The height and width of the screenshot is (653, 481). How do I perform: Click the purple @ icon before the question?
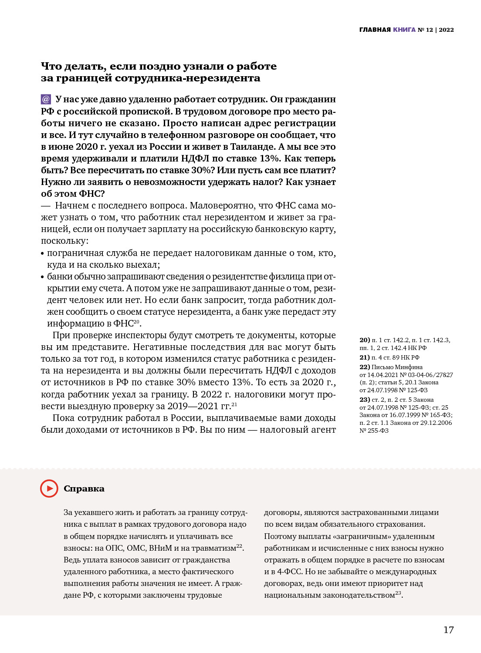pos(46,99)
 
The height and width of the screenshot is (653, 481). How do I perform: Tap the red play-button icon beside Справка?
pos(49,488)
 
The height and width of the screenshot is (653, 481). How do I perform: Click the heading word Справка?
pos(84,488)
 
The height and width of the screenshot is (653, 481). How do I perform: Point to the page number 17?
pos(448,630)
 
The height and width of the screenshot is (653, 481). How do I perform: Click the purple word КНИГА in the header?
pos(404,30)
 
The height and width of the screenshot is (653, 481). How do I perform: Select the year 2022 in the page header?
pos(447,30)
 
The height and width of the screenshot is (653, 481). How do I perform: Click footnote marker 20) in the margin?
pos(365,340)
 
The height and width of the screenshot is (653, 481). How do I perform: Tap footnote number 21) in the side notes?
pos(365,357)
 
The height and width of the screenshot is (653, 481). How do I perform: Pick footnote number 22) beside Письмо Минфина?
pos(365,367)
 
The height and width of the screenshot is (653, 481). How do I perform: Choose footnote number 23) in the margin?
pos(365,400)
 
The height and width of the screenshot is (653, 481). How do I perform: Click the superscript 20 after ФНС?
pos(136,322)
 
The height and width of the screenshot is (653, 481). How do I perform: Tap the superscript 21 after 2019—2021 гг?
pos(234,404)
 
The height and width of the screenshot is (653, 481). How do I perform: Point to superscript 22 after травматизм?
pos(239,546)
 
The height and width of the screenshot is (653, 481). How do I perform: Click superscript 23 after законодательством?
pos(398,593)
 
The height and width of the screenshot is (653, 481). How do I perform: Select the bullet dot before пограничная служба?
pos(43,253)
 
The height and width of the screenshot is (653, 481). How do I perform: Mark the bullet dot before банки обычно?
pos(43,277)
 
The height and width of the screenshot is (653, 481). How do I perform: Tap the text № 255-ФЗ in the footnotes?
pos(374,431)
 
